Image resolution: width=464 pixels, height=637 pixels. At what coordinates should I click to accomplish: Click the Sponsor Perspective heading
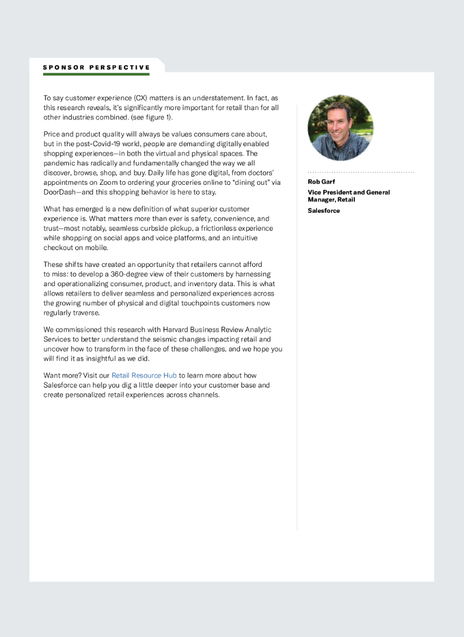pyautogui.click(x=97, y=67)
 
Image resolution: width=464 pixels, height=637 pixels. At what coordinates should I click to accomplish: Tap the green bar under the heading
pyautogui.click(x=97, y=74)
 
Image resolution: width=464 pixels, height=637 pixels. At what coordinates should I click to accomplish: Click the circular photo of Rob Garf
pyautogui.click(x=340, y=128)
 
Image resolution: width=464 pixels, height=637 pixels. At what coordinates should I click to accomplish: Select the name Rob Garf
pyautogui.click(x=321, y=182)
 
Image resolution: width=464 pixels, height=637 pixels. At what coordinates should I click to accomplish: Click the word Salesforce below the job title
pyautogui.click(x=324, y=211)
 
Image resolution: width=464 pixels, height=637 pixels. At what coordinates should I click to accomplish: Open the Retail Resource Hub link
pyautogui.click(x=144, y=376)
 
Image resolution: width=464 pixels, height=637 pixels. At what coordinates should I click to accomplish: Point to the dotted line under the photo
pyautogui.click(x=361, y=172)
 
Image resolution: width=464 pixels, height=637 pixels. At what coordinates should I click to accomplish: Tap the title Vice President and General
pyautogui.click(x=349, y=192)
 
